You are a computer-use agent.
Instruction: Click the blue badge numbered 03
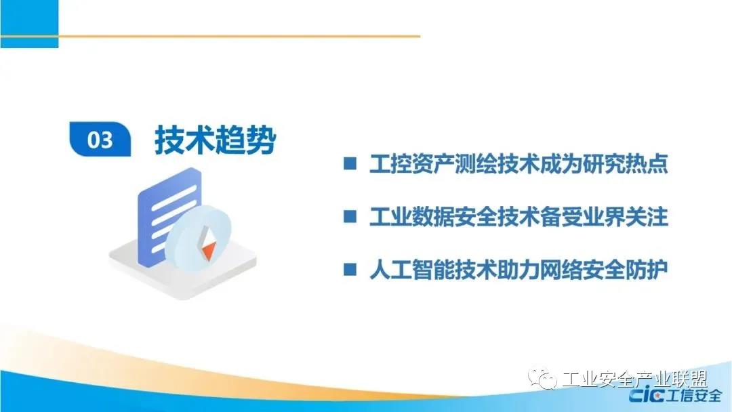(100, 139)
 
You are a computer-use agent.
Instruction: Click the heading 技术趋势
(216, 140)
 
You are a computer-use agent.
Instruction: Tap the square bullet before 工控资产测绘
(350, 163)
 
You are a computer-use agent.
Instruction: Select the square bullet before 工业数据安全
(350, 216)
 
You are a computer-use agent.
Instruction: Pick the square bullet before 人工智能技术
(350, 269)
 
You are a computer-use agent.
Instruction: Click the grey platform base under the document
(183, 275)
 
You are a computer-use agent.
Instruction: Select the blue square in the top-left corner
(29, 24)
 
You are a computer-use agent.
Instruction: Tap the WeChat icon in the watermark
(542, 378)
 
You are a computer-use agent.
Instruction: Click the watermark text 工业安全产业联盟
(635, 379)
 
